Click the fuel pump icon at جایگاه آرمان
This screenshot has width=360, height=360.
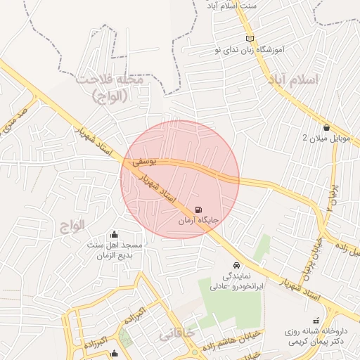point(198,210)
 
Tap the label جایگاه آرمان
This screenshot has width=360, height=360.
point(198,221)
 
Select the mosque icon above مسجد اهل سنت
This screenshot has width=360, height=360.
point(115,234)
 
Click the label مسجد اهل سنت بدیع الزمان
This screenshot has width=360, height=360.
point(115,250)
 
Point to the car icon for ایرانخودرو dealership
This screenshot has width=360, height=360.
point(236,265)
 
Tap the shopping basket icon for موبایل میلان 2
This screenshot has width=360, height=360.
point(327,127)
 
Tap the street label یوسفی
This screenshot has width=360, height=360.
point(141,162)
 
